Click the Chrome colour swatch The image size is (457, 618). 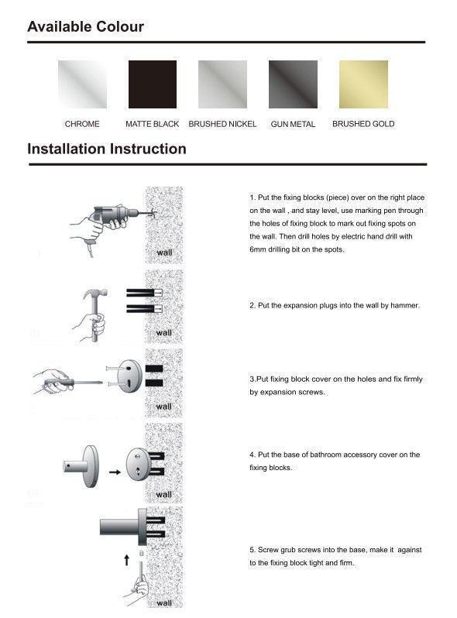(x=82, y=84)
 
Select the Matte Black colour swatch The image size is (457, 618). (x=152, y=84)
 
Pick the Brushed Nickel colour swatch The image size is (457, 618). (x=222, y=84)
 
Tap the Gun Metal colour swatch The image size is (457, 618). (x=293, y=84)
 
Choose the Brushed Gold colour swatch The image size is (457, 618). (x=363, y=84)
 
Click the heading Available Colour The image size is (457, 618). (x=85, y=27)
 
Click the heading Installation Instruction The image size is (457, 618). (x=107, y=149)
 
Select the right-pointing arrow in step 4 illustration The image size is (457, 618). (x=113, y=471)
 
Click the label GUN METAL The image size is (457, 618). (x=293, y=124)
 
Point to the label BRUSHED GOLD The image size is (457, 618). (x=363, y=124)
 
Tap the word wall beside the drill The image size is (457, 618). (x=164, y=252)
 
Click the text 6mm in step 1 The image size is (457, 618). (x=258, y=249)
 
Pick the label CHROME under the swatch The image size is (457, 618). (x=82, y=124)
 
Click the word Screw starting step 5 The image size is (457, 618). (x=267, y=550)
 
